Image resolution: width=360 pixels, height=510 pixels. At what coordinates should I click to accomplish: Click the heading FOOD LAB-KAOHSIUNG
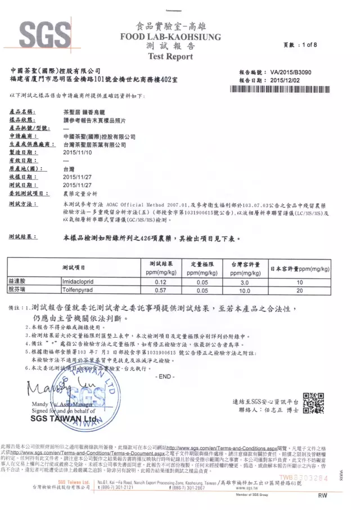coord(170,37)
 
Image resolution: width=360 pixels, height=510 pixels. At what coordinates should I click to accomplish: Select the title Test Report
coord(170,56)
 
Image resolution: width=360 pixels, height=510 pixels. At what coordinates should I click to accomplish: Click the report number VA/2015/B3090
coord(295,73)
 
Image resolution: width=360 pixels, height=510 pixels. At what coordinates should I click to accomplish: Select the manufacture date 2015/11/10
coord(78,152)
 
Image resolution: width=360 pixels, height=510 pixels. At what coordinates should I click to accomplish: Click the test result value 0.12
coord(162,281)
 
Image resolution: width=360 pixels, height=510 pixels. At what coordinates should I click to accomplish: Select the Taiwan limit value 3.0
coord(244,281)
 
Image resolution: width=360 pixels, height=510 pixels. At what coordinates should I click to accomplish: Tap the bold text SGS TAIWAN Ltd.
coord(64,418)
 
